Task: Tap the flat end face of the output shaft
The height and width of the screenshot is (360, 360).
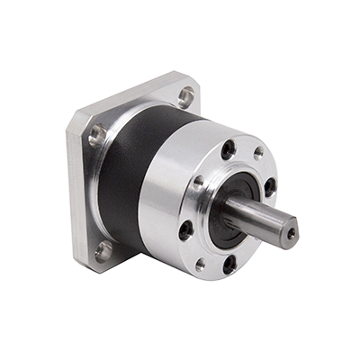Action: pyautogui.click(x=288, y=233)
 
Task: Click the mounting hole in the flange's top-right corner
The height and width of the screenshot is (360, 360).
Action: pyautogui.click(x=185, y=94)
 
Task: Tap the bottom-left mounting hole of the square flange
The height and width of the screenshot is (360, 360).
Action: pyautogui.click(x=103, y=250)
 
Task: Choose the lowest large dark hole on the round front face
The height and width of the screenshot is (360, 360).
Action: pyautogui.click(x=229, y=264)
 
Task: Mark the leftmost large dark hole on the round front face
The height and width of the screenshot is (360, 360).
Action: pyautogui.click(x=186, y=230)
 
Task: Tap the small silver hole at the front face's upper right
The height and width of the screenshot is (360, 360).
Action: pyautogui.click(x=258, y=154)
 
